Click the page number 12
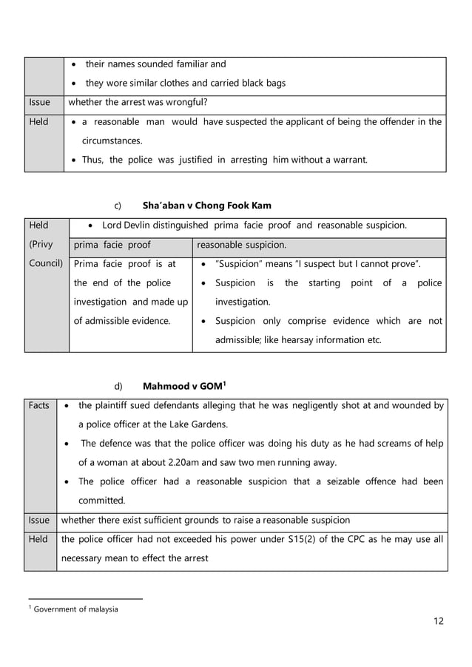[x=439, y=620]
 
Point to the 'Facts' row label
[x=39, y=405]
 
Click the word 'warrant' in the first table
[x=348, y=160]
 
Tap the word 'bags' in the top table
[x=275, y=83]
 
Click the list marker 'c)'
[x=117, y=205]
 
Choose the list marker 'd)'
[x=118, y=386]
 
